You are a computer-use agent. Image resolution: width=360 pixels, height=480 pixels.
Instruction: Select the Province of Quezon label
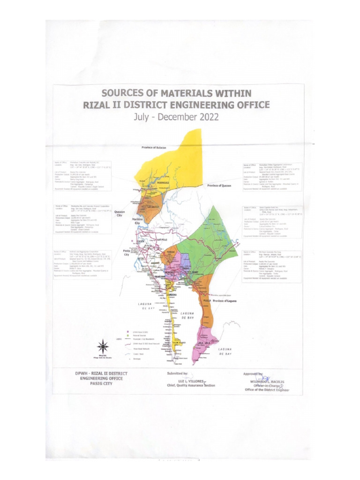[223, 186]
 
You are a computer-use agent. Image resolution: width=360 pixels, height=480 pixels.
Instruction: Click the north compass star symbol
[103, 347]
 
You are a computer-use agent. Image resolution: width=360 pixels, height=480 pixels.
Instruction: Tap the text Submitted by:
[177, 374]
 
